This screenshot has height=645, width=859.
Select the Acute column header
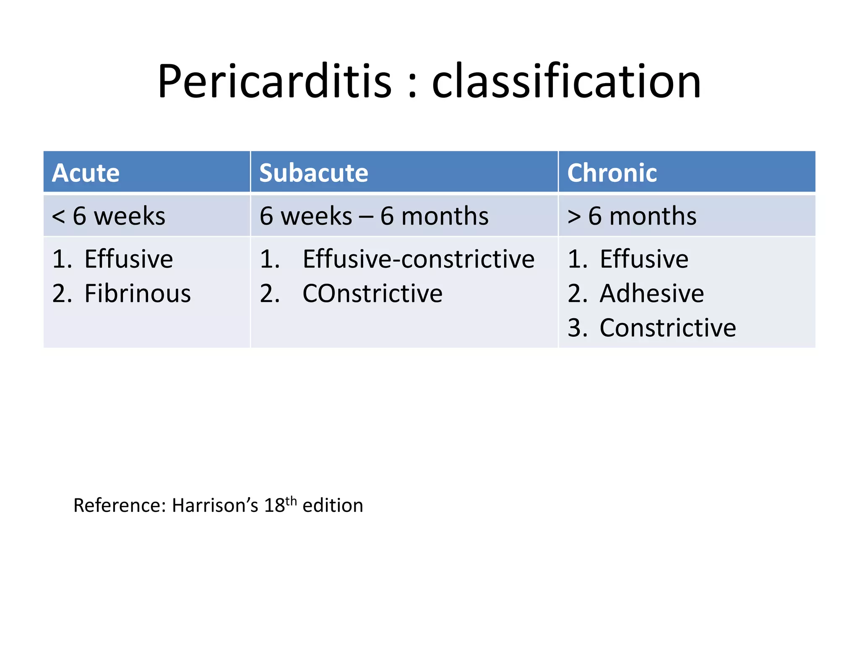[86, 173]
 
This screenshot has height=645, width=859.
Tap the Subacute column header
[314, 173]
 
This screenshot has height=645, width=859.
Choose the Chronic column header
[612, 173]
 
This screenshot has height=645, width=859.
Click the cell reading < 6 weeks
[108, 216]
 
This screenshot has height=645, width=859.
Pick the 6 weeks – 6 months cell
[374, 216]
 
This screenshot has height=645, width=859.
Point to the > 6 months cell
[632, 216]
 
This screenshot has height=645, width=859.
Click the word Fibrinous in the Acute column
[138, 293]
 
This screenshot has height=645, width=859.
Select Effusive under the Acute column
[128, 259]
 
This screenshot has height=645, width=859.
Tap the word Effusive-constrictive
[419, 259]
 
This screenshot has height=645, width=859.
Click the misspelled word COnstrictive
[372, 293]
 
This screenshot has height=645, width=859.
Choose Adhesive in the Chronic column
[652, 293]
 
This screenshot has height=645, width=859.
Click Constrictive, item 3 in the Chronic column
[668, 328]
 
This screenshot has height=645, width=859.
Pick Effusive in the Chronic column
[644, 259]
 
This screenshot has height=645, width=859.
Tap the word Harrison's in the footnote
[215, 505]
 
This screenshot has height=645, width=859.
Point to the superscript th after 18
[291, 501]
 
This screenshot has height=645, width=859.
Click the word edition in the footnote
[333, 505]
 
